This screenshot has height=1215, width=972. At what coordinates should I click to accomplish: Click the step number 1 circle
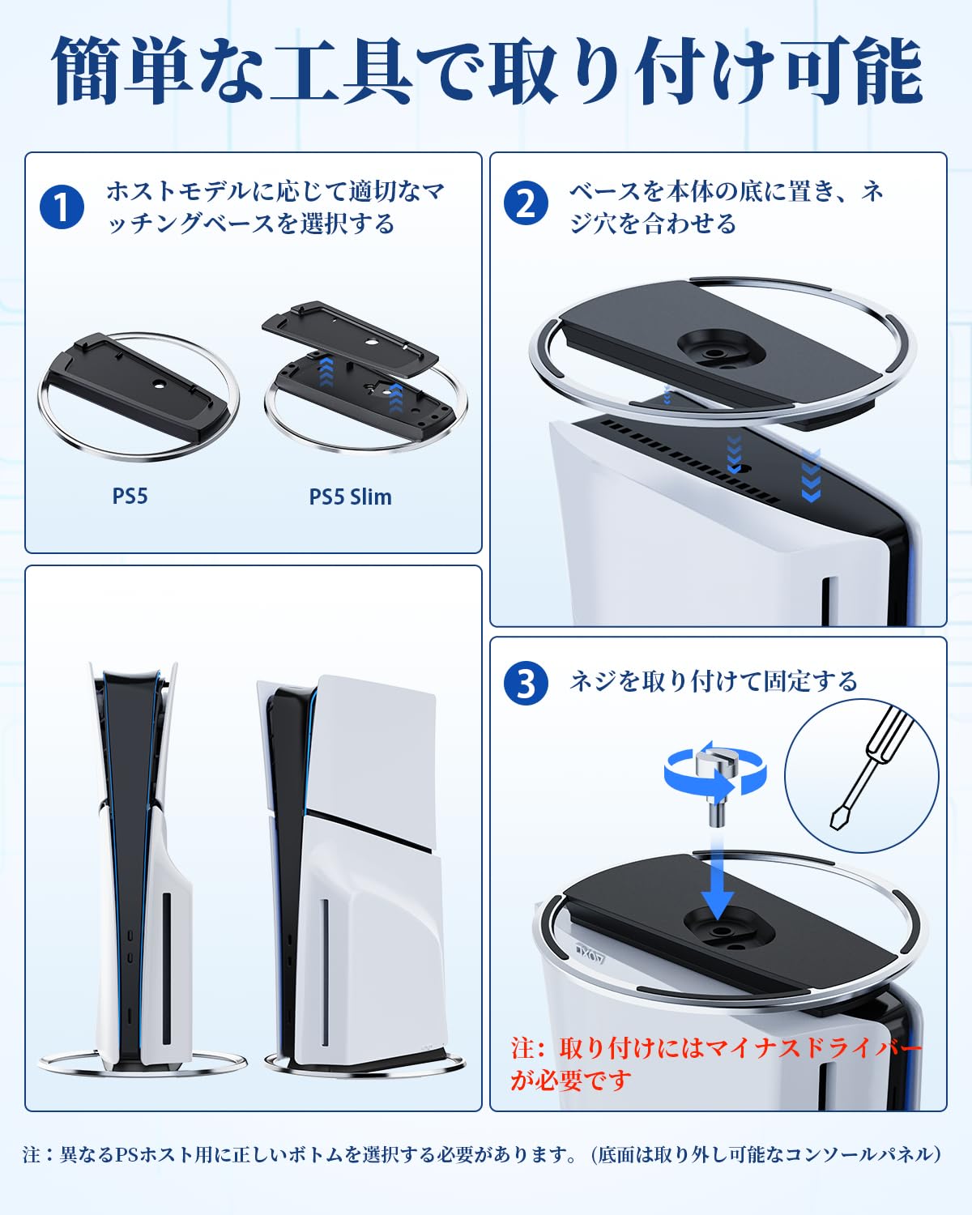click(x=62, y=207)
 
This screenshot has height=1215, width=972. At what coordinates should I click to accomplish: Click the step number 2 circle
click(x=526, y=202)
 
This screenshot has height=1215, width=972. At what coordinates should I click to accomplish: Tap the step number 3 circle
click(x=526, y=683)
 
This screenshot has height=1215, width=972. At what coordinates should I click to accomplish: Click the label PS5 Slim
click(x=350, y=497)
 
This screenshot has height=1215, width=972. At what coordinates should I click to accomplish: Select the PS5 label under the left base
click(x=130, y=495)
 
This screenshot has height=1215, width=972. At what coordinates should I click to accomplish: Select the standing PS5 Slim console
click(x=352, y=867)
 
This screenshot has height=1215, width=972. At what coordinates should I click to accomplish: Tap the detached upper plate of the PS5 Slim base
click(x=350, y=334)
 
